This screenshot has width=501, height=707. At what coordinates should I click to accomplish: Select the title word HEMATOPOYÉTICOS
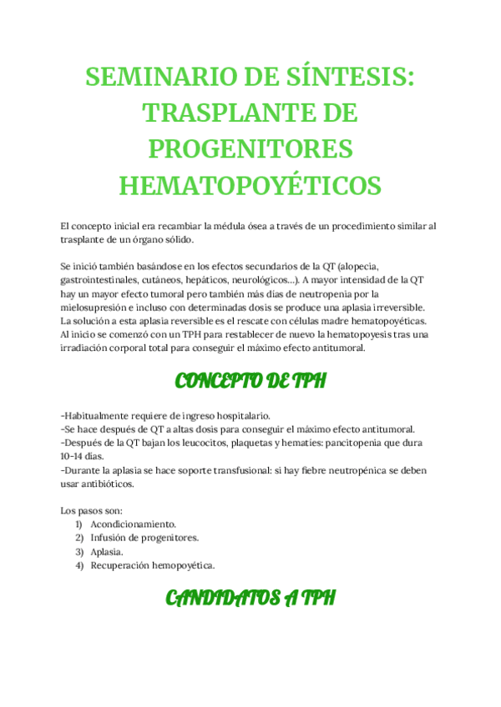tap(250, 184)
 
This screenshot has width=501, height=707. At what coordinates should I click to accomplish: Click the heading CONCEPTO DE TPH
tap(250, 382)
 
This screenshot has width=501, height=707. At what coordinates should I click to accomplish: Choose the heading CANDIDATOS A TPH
tap(250, 598)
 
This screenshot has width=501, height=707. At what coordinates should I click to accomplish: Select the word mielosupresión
tap(95, 308)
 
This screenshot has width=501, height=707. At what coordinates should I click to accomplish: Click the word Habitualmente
tap(99, 416)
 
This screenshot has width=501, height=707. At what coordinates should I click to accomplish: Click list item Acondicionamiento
tap(134, 524)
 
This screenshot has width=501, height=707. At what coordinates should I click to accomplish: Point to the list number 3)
tap(79, 552)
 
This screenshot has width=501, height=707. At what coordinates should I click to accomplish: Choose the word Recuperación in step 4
tap(122, 565)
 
